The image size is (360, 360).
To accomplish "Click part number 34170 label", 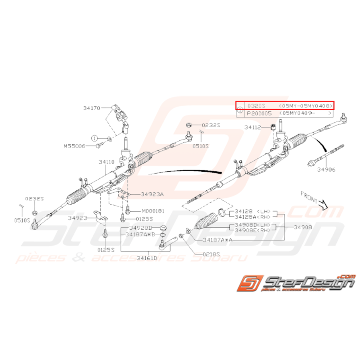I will coord(92,109).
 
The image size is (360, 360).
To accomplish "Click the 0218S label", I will coord(212,254).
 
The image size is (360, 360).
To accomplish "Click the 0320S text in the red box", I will coord(256,105).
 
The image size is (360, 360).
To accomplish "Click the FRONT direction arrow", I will coord(322,203).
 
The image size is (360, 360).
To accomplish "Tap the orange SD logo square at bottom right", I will coord(251,284).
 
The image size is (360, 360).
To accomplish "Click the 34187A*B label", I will coord(140,234).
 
